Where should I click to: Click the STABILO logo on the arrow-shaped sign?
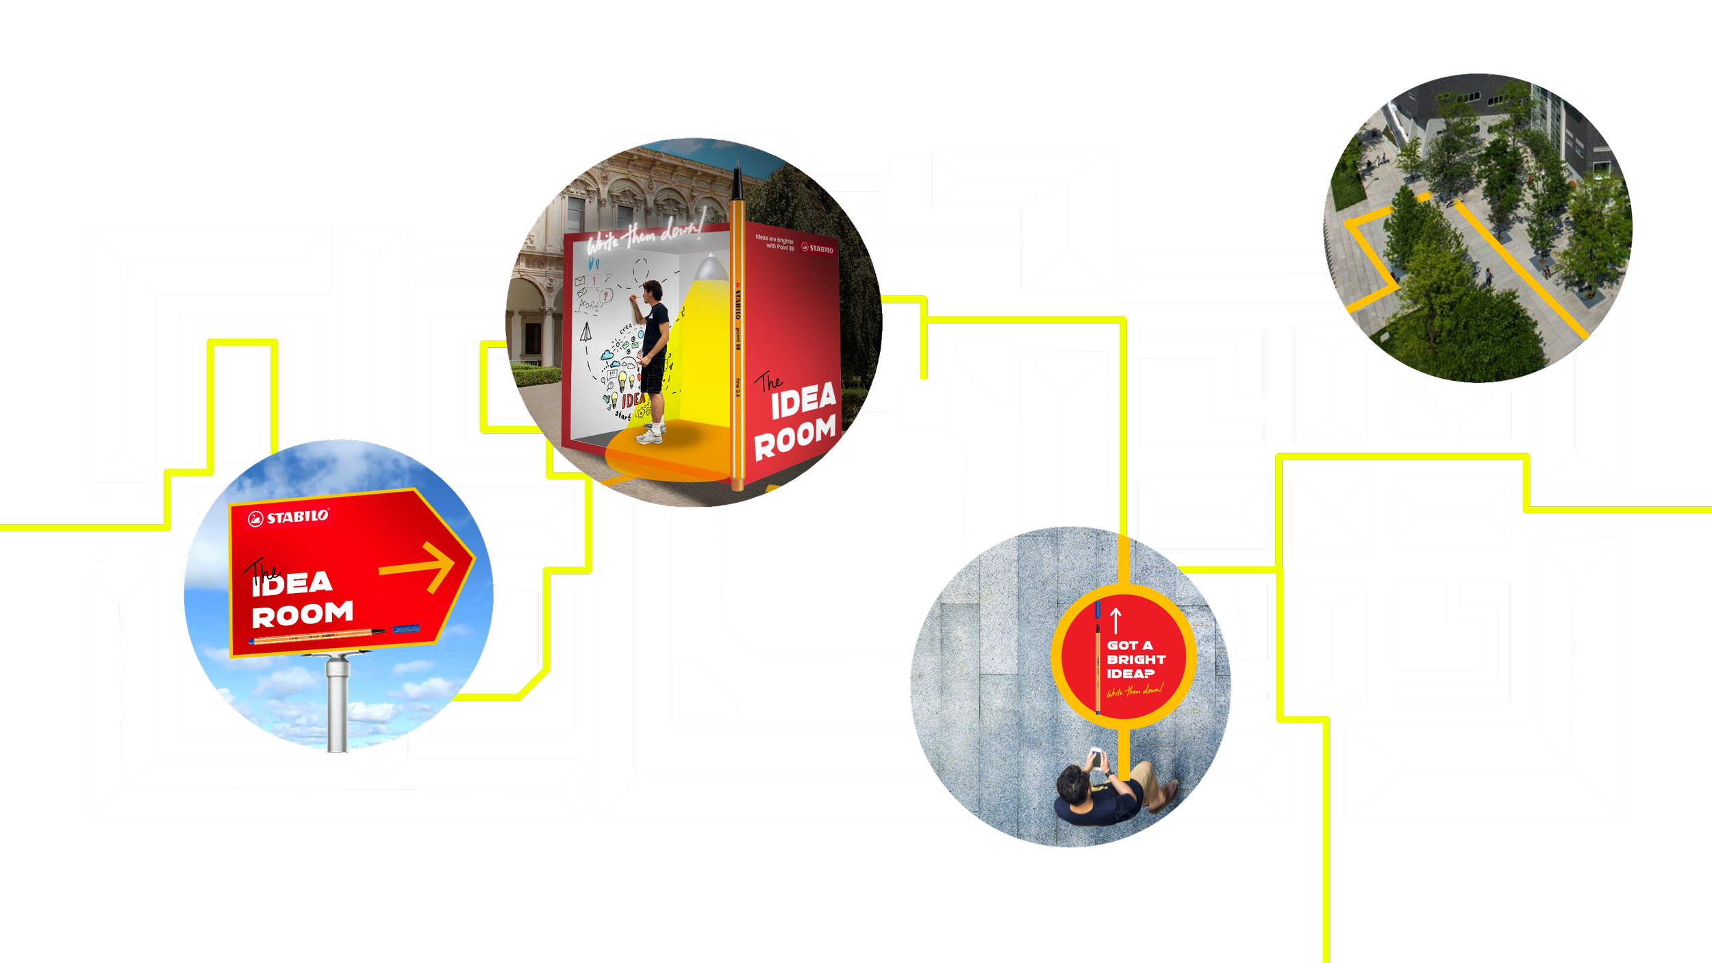click(288, 517)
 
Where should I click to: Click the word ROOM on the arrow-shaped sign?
click(302, 614)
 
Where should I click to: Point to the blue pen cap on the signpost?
click(406, 629)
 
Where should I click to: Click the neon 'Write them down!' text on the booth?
click(644, 237)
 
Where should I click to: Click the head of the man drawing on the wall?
click(653, 289)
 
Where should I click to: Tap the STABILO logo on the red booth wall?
click(817, 249)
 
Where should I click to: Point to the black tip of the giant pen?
click(737, 179)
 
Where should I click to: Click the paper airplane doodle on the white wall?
click(586, 333)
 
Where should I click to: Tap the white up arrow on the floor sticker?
click(1116, 621)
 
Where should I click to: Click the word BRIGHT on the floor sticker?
click(1136, 660)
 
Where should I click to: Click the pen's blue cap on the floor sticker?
click(1098, 610)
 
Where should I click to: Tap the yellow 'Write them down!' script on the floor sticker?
click(1135, 690)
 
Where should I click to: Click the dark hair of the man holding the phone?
click(1072, 784)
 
